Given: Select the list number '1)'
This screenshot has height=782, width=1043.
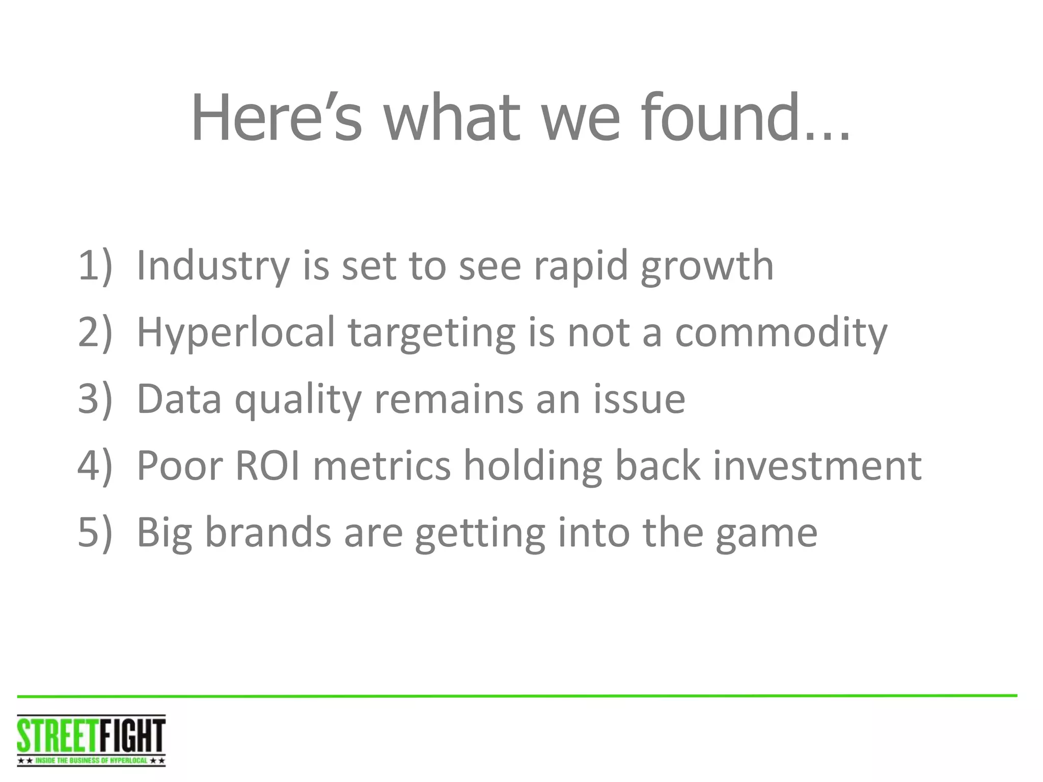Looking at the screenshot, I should click(95, 265).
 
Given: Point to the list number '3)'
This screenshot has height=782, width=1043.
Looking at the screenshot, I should click(95, 399).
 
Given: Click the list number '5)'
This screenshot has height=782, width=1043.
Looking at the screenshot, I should click(95, 532).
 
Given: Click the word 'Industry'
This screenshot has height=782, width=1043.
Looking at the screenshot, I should click(213, 266).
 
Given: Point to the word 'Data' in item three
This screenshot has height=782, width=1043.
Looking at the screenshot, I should click(179, 399).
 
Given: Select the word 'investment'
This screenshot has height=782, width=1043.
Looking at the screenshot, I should click(817, 465).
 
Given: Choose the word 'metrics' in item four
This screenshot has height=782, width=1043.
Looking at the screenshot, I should click(381, 465).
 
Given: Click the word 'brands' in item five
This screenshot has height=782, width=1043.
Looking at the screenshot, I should click(268, 532).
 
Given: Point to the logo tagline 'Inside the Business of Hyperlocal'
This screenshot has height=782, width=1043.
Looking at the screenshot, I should click(91, 761).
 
